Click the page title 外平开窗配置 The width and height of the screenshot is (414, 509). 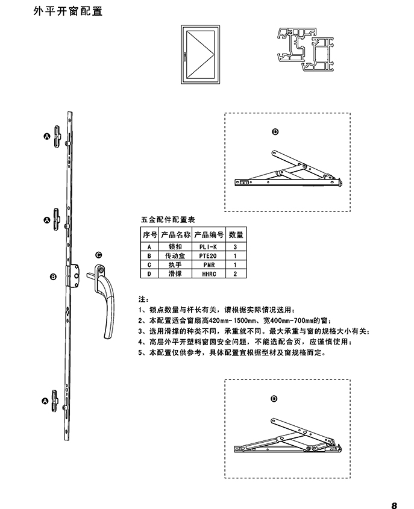(x=67, y=11)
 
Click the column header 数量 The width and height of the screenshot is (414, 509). (x=236, y=235)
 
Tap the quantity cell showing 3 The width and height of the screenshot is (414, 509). (x=236, y=247)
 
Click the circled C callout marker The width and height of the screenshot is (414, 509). (x=98, y=255)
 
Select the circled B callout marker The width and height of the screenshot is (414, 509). (x=52, y=276)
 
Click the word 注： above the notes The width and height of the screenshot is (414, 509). (x=143, y=299)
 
